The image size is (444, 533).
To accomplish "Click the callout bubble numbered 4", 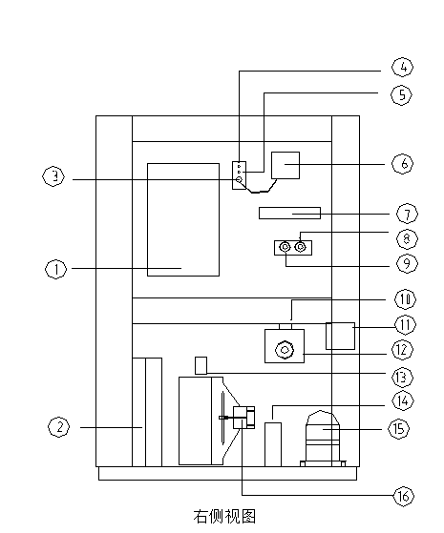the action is pyautogui.click(x=402, y=68).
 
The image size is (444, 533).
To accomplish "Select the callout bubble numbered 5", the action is pyautogui.click(x=401, y=94).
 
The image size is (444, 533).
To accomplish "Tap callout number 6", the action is pyautogui.click(x=403, y=163).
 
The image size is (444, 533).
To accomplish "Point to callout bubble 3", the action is pyautogui.click(x=53, y=176).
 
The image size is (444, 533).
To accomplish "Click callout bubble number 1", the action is pyautogui.click(x=56, y=269).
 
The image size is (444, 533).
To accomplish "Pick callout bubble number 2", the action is pyautogui.click(x=59, y=427).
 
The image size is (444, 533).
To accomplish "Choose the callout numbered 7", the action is pyautogui.click(x=407, y=215).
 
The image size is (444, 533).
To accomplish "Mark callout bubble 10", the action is pyautogui.click(x=405, y=299).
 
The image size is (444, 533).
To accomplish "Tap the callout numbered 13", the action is pyautogui.click(x=402, y=378).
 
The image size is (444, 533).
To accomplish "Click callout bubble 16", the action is pyautogui.click(x=404, y=496).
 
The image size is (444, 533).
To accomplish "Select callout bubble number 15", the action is pyautogui.click(x=399, y=429).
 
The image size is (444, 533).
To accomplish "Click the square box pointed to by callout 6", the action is pyautogui.click(x=285, y=165).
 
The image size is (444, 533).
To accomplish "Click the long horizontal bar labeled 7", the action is pyautogui.click(x=289, y=214).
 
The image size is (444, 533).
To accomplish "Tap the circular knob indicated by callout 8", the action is pyautogui.click(x=300, y=247).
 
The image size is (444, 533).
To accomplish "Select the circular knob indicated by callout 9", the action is pyautogui.click(x=285, y=247).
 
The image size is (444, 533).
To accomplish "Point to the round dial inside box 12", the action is pyautogui.click(x=285, y=350).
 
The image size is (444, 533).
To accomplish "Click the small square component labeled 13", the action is pyautogui.click(x=201, y=365).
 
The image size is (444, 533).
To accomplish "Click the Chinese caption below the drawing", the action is pyautogui.click(x=224, y=517).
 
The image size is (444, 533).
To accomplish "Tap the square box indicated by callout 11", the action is pyautogui.click(x=340, y=336).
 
